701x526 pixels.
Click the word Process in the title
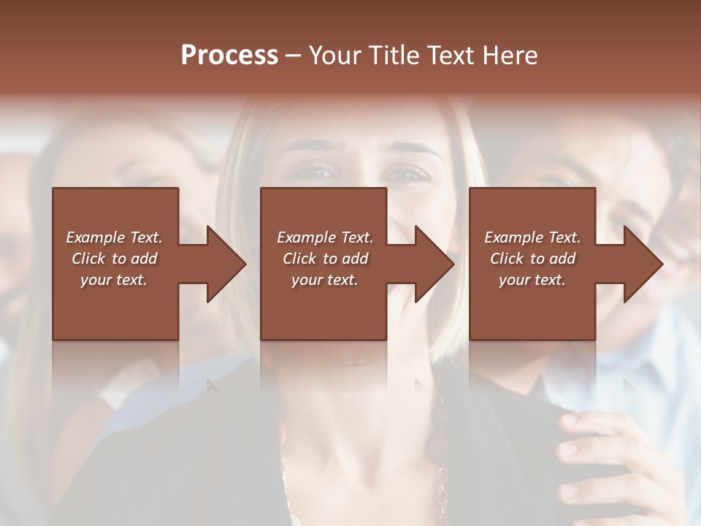pyautogui.click(x=229, y=56)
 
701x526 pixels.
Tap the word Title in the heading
pyautogui.click(x=397, y=56)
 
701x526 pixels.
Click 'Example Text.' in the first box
pyautogui.click(x=114, y=237)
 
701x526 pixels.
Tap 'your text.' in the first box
pyautogui.click(x=114, y=280)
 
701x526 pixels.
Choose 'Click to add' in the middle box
pyautogui.click(x=324, y=259)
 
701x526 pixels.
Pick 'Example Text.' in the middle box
pyautogui.click(x=324, y=237)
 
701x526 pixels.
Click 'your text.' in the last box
pyautogui.click(x=532, y=280)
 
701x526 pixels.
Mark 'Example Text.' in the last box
pyautogui.click(x=532, y=237)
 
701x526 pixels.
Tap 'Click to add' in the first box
pyautogui.click(x=114, y=259)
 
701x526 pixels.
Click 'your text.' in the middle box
pyautogui.click(x=324, y=280)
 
